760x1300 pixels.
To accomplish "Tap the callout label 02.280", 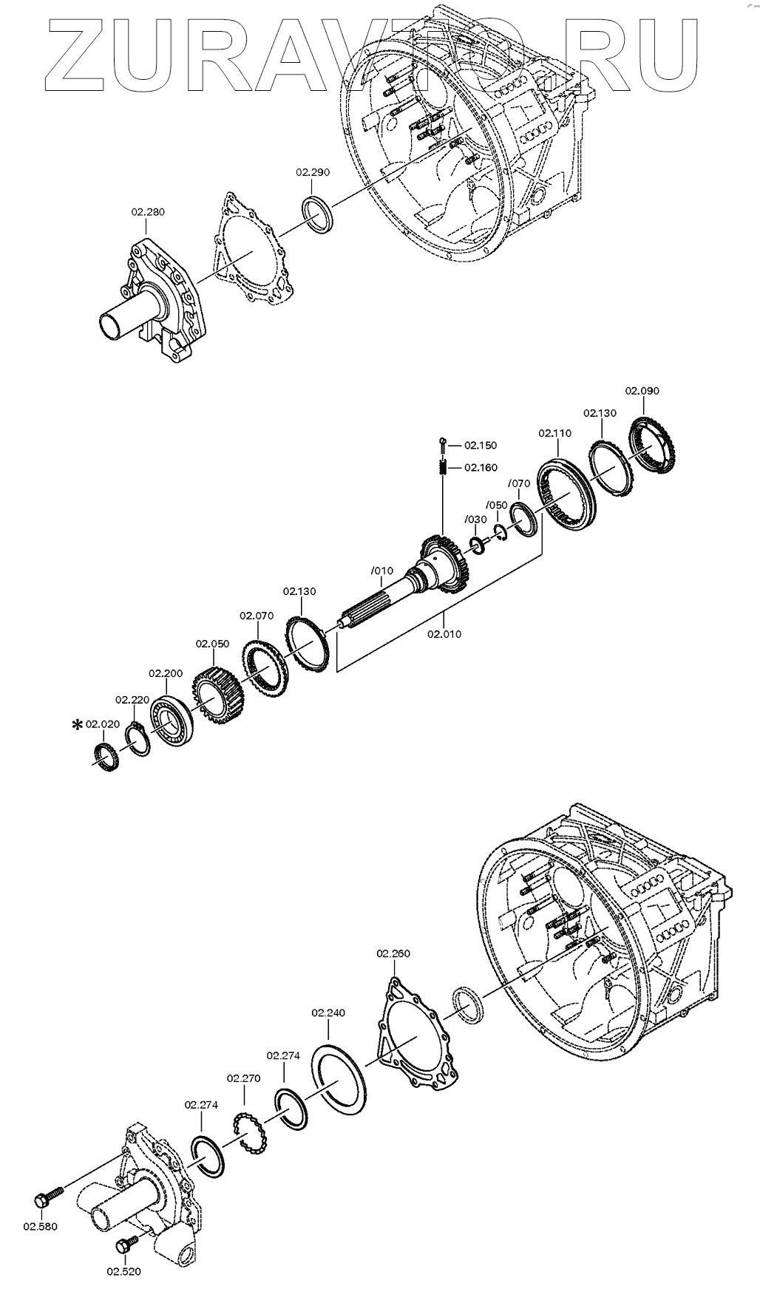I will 148,212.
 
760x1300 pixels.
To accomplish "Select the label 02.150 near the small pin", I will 481,446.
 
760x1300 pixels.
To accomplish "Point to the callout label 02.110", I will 554,433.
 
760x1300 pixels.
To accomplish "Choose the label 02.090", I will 642,391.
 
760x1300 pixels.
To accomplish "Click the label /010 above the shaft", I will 381,571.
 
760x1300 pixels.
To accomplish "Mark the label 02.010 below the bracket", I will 444,633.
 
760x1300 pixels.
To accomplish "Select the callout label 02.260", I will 393,954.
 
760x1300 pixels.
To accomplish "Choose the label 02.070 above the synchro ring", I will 257,616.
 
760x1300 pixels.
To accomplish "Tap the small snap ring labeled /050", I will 499,531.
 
